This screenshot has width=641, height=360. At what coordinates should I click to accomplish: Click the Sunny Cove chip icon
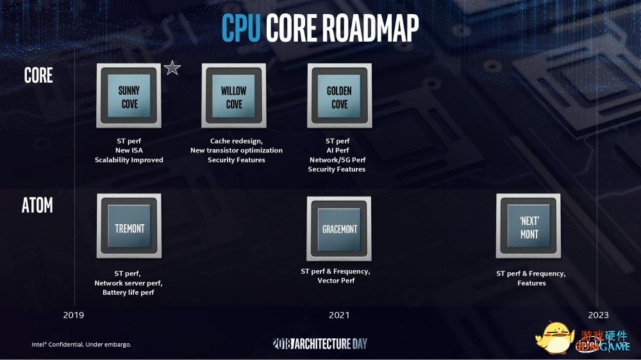tap(129, 95)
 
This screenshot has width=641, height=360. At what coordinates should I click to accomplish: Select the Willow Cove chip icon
tap(234, 95)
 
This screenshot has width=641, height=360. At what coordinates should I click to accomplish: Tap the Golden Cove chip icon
tap(339, 95)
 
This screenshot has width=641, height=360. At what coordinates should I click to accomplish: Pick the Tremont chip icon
tap(129, 226)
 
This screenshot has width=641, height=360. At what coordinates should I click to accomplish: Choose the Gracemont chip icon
tap(339, 229)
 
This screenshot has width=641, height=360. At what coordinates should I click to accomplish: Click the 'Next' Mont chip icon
tap(529, 226)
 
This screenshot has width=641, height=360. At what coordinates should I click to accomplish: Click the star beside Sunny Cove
tap(172, 68)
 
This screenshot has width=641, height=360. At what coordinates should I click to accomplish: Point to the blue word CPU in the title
tap(241, 28)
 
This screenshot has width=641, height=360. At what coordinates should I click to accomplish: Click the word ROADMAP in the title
tap(370, 28)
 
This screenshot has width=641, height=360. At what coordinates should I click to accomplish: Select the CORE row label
tap(38, 75)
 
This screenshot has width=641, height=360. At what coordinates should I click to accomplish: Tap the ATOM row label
tap(37, 205)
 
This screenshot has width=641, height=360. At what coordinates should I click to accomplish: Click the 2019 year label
tap(74, 315)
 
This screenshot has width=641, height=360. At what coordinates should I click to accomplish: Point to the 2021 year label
tap(339, 315)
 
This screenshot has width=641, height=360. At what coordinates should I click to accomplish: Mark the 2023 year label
tap(599, 315)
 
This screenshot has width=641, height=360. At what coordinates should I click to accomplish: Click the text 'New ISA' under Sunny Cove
tap(129, 151)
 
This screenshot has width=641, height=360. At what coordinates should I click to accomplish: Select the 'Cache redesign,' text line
tap(237, 141)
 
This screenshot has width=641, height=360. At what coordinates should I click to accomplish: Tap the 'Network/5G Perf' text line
tap(338, 160)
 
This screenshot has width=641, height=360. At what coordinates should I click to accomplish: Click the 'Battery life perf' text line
tap(128, 293)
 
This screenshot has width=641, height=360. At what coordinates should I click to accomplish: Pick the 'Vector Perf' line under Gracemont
tap(336, 281)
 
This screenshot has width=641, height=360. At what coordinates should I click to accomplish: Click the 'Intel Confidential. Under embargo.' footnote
tap(81, 345)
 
